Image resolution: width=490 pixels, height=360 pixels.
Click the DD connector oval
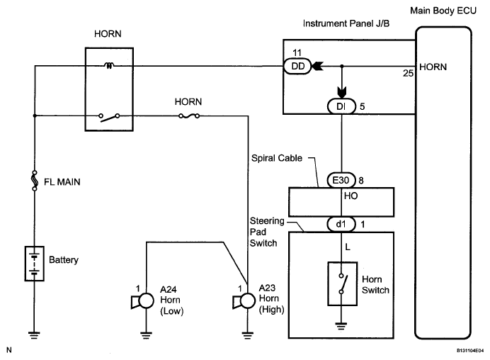(x=297, y=66)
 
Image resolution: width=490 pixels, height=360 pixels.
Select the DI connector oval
(x=341, y=106)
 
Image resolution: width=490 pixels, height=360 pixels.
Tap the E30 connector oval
(x=341, y=180)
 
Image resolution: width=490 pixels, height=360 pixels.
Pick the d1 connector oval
(x=341, y=224)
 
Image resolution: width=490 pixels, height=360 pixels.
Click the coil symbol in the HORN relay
(x=109, y=66)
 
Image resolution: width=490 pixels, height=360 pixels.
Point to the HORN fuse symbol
(x=189, y=116)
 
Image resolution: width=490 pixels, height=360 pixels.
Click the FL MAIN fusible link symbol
(x=35, y=181)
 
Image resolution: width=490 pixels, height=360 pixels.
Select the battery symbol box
(x=35, y=264)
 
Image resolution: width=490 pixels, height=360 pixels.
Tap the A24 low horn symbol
(x=143, y=301)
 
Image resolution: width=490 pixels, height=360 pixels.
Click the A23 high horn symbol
(x=244, y=301)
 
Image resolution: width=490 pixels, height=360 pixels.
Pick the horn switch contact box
(x=342, y=283)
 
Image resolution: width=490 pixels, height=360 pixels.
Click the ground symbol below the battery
(x=34, y=335)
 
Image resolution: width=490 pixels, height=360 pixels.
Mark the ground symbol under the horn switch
(x=341, y=326)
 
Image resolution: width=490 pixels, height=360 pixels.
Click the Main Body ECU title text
(x=443, y=11)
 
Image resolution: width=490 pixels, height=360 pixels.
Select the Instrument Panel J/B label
(x=346, y=23)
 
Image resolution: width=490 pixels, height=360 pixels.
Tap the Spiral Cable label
(x=277, y=158)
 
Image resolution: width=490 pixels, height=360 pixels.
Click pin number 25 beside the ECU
(x=408, y=73)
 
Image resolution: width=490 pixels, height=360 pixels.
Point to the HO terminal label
(x=351, y=196)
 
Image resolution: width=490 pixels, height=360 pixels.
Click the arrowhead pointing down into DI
(x=342, y=93)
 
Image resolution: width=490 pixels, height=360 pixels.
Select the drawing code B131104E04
(x=470, y=351)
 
